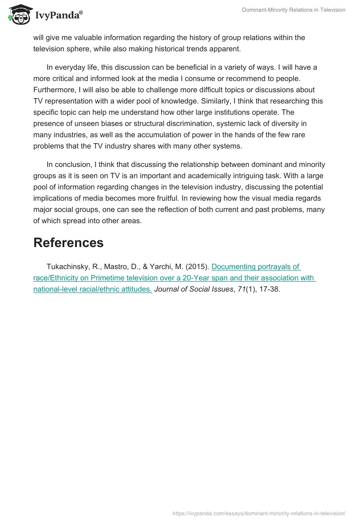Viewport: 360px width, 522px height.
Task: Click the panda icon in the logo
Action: pos(18,15)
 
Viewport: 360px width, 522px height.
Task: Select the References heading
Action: pos(68,243)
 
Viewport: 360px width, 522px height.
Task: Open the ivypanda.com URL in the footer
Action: pos(259,513)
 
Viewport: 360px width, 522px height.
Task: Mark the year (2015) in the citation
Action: pos(197,267)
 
